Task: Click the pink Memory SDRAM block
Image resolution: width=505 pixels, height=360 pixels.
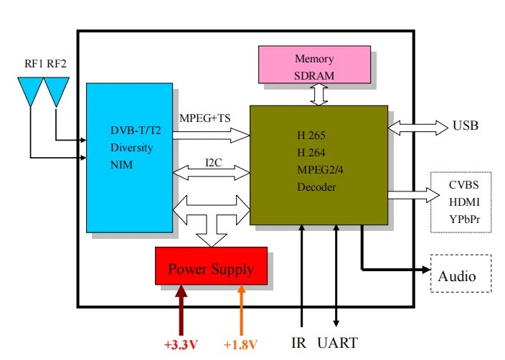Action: click(x=314, y=65)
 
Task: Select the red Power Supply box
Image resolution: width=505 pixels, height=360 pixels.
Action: click(x=211, y=266)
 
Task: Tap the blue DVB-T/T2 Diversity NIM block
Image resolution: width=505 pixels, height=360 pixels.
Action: click(x=129, y=158)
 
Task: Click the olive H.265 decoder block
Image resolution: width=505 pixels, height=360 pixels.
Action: click(x=318, y=165)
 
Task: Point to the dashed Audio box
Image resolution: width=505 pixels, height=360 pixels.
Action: click(x=461, y=273)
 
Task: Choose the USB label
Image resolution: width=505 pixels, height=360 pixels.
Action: click(x=466, y=126)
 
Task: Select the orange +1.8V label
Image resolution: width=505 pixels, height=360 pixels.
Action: click(x=240, y=344)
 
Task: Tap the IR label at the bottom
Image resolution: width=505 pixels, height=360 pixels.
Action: click(x=301, y=343)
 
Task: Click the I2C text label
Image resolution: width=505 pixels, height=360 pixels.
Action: click(x=213, y=163)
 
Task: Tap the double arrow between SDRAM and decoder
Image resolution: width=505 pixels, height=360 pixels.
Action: click(x=318, y=95)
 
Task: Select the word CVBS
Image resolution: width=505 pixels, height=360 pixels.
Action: click(x=460, y=185)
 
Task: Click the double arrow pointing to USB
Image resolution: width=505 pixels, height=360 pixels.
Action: click(x=417, y=128)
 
